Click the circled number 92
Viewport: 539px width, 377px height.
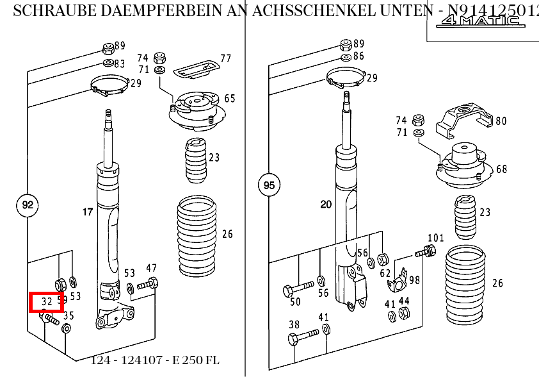[27, 205]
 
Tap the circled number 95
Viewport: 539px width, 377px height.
[269, 186]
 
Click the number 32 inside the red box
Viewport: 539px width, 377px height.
[47, 301]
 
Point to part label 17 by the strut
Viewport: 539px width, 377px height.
[87, 212]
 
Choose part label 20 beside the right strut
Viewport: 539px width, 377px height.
[326, 205]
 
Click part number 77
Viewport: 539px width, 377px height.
[225, 58]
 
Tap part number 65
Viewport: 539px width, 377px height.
[229, 98]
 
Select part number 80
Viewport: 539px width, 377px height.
[501, 121]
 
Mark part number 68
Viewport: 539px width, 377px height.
[501, 169]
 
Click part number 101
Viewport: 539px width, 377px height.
[435, 238]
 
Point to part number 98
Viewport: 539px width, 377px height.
[415, 280]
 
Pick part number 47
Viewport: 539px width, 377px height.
[152, 268]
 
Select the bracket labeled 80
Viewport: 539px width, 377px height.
[463, 121]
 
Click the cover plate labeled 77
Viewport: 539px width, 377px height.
[197, 67]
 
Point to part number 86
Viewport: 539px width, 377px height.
[358, 56]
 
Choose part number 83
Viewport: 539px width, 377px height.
[120, 63]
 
